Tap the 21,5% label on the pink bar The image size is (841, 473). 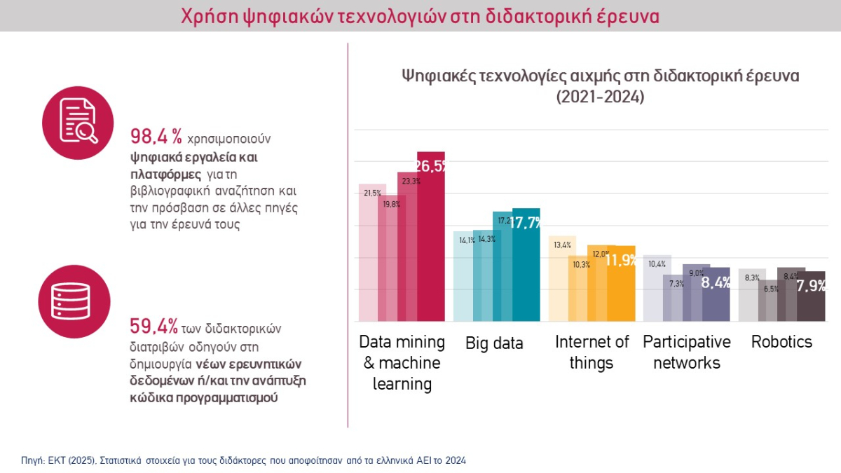[372, 193]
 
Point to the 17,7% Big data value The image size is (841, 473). [526, 224]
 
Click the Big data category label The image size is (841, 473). [494, 343]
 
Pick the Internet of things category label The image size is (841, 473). [592, 352]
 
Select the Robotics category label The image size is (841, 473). [781, 342]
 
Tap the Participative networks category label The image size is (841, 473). [686, 352]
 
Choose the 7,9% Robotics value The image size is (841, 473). [811, 286]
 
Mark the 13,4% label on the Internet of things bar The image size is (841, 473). [562, 245]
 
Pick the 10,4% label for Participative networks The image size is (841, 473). [657, 264]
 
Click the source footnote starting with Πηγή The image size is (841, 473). [243, 460]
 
